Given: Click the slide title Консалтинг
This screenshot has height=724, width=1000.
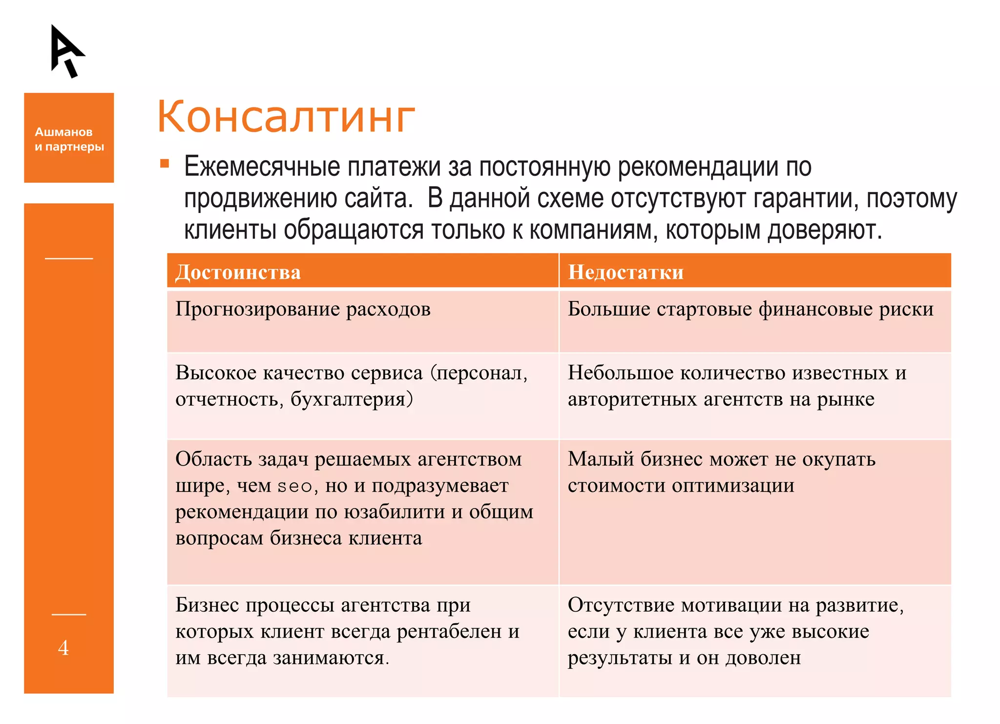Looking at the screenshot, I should [286, 117].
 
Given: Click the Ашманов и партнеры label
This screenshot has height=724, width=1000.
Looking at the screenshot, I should [69, 139].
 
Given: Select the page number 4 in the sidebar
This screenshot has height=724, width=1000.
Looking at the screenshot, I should [63, 648].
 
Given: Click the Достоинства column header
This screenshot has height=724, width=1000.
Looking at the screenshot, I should [238, 272].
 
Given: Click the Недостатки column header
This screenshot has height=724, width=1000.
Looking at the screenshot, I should [625, 272].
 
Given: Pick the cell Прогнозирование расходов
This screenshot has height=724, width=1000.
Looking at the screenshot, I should [303, 309].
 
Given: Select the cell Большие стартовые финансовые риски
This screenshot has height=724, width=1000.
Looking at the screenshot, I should [750, 309].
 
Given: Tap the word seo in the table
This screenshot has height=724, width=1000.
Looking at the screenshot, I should [294, 487].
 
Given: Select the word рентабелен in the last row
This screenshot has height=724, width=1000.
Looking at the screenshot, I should [449, 632].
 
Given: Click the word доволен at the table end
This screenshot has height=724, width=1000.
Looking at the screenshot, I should [763, 658].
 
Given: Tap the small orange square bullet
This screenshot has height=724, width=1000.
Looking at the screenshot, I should [165, 164].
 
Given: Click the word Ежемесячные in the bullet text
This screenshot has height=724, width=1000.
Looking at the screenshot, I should [262, 167].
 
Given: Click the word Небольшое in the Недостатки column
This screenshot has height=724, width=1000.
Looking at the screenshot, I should [620, 373].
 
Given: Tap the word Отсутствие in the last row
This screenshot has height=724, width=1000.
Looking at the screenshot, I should [621, 605].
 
